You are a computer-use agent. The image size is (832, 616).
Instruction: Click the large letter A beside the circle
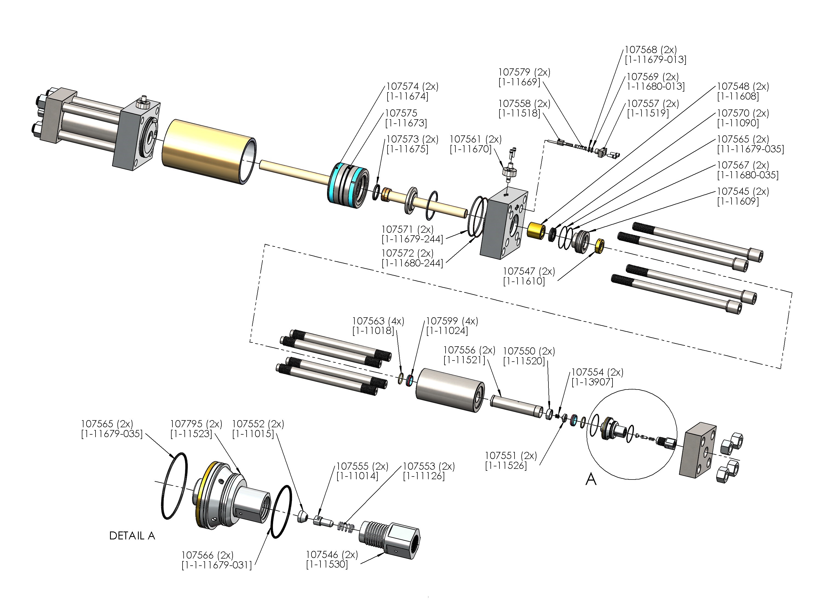591,479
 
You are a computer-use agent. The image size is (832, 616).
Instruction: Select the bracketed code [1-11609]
738,201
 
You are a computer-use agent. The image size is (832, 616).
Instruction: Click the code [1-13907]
592,382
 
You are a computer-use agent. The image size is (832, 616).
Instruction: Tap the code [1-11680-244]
412,263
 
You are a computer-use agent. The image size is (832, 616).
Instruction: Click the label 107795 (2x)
196,424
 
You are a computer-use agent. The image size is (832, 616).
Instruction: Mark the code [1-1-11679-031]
216,565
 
